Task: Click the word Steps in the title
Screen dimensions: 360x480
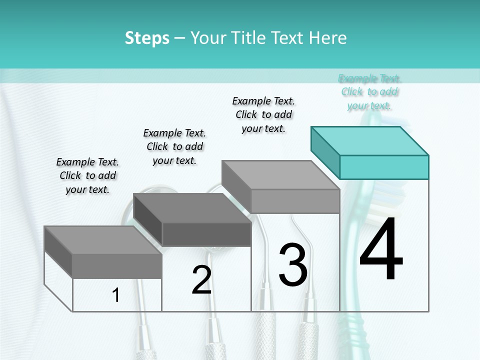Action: point(147,38)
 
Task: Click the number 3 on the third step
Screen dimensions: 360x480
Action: point(293,264)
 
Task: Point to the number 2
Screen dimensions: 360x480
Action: point(201,280)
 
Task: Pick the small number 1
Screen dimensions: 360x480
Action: point(116,295)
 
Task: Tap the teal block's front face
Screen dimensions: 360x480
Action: point(384,167)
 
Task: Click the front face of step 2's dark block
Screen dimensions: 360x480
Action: point(206,234)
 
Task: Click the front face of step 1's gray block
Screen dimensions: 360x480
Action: point(117,265)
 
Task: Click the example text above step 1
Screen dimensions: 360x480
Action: point(87,175)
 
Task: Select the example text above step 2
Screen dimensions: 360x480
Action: point(174,146)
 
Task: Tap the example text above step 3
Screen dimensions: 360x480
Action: point(263,114)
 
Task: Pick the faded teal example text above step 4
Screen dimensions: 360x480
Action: point(369,92)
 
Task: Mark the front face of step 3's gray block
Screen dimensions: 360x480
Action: point(295,201)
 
